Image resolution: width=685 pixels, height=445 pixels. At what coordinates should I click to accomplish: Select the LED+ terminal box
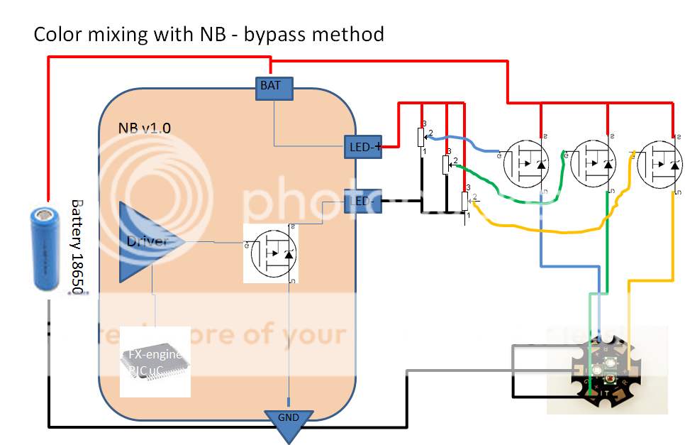tap(362, 146)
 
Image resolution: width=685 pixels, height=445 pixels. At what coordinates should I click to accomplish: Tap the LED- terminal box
tap(362, 201)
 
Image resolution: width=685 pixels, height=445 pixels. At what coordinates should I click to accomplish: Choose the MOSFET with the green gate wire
tap(594, 164)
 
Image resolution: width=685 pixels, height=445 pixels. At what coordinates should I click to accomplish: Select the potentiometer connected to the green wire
tap(446, 164)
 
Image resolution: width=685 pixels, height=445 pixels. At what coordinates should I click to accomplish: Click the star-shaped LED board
tap(603, 373)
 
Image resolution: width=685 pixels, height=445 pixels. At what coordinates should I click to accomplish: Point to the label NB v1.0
tap(145, 128)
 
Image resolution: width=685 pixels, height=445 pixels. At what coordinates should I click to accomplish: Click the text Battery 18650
tap(77, 249)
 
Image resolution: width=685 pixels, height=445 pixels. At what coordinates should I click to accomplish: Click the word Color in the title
tap(56, 34)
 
